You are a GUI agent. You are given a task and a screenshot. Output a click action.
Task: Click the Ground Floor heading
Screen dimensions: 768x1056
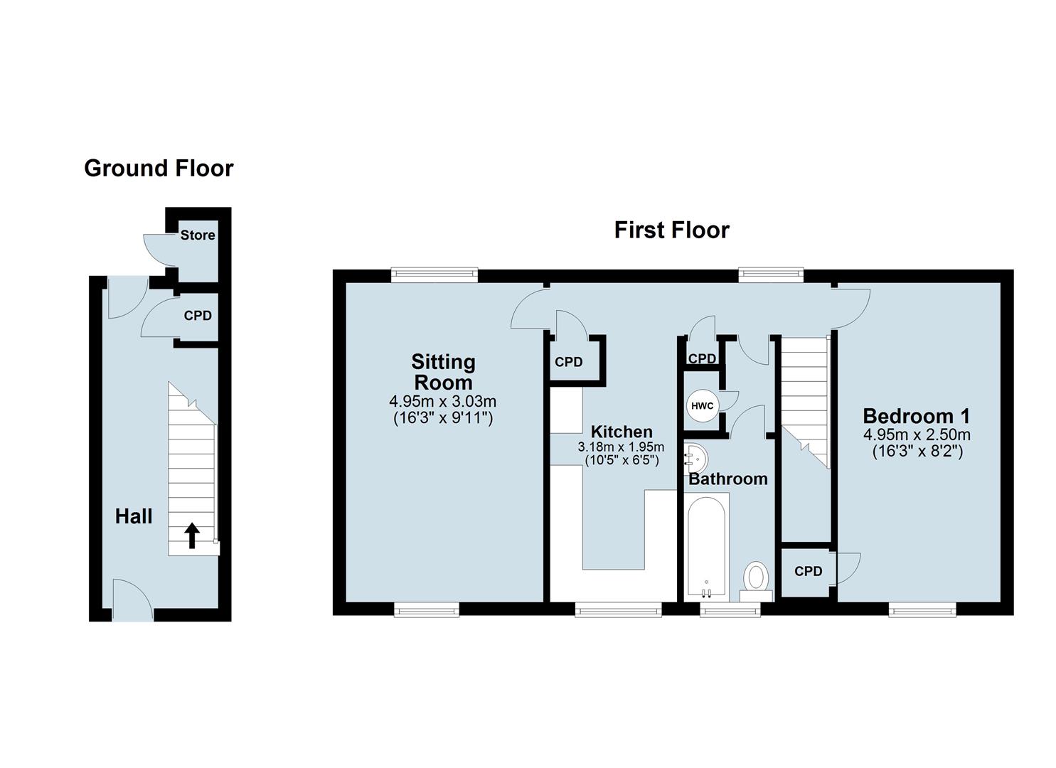(x=159, y=169)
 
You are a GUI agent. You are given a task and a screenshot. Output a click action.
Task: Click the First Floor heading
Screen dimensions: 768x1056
(x=671, y=230)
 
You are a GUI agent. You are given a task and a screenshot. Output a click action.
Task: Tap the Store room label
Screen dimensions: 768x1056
(x=197, y=235)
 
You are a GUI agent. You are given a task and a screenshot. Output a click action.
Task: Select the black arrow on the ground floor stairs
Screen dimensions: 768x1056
(x=191, y=535)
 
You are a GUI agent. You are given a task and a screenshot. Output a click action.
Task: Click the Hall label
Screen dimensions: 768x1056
(x=134, y=516)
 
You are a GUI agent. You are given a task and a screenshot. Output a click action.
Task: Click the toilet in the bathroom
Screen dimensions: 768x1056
(x=756, y=577)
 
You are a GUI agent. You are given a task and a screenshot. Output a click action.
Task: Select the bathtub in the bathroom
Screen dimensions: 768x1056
(x=705, y=546)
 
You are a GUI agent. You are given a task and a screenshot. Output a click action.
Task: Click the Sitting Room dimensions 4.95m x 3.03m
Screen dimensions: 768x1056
(x=443, y=402)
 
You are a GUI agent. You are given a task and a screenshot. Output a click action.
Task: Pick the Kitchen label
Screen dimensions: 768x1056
(x=622, y=432)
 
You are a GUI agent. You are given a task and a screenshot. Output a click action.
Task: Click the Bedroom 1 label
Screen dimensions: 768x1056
(x=916, y=416)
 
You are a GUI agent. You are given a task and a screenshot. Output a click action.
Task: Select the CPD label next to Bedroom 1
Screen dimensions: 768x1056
(x=808, y=571)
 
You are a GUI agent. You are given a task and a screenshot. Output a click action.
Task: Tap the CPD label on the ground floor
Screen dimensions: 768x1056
(x=198, y=316)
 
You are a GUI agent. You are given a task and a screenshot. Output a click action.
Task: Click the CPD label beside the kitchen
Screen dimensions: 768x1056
(x=568, y=362)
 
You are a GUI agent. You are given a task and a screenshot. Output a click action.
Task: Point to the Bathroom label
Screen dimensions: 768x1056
(x=727, y=479)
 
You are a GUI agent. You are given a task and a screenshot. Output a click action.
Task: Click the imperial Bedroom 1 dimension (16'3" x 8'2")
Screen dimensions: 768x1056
(x=917, y=451)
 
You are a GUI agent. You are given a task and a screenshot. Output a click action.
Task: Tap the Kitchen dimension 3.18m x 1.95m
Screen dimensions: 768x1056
(x=621, y=447)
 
